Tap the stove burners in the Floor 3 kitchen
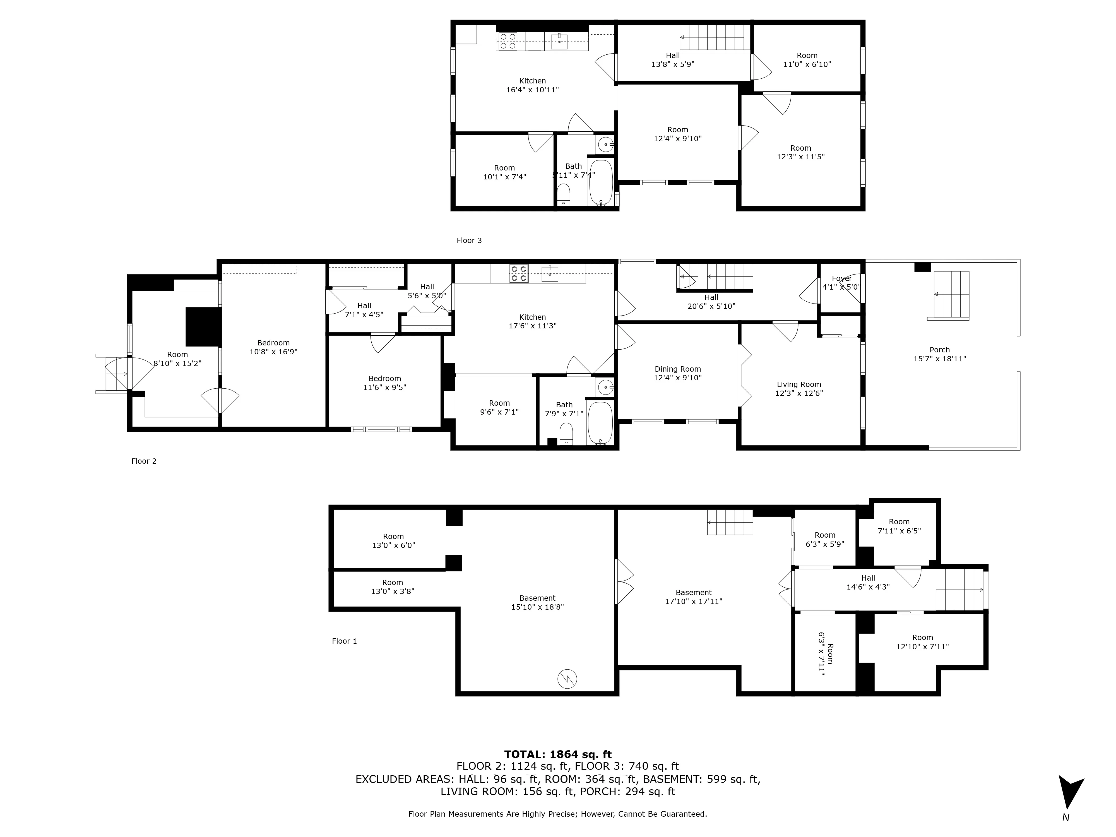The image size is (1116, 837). pyautogui.click(x=508, y=41)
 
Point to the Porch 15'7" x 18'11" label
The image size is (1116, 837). pyautogui.click(x=939, y=354)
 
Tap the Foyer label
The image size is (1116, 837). pyautogui.click(x=841, y=278)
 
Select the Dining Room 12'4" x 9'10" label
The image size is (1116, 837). pyautogui.click(x=678, y=373)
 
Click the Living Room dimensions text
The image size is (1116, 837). pyautogui.click(x=799, y=393)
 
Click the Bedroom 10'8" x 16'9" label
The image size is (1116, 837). pyautogui.click(x=273, y=347)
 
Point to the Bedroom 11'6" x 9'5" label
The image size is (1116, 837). pyautogui.click(x=384, y=383)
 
